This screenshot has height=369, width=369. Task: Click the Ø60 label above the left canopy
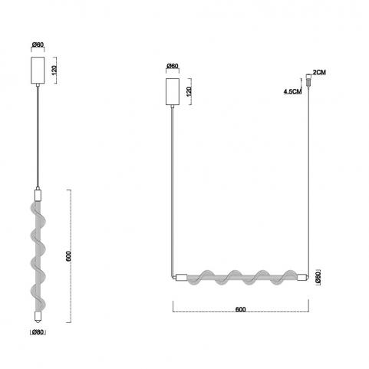(38, 44)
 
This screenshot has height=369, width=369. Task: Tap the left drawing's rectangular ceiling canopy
(38, 71)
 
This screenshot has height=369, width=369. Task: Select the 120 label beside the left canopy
(54, 71)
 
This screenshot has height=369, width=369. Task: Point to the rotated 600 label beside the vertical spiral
(68, 256)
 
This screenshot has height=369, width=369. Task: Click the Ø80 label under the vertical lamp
(38, 332)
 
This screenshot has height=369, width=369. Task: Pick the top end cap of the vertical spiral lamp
(38, 195)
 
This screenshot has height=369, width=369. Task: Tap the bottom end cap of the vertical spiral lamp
(38, 317)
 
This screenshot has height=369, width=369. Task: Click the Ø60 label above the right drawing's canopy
(173, 66)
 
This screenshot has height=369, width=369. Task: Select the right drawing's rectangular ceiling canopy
(173, 92)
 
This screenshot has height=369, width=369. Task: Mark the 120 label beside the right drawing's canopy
(189, 92)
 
